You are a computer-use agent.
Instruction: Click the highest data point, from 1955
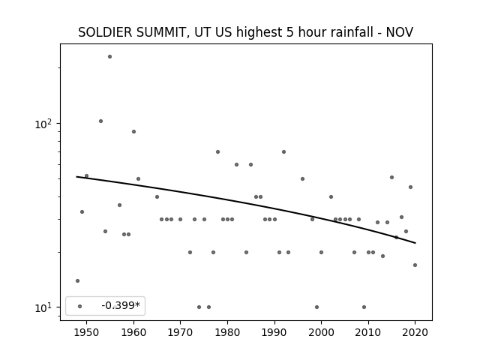(x=110, y=57)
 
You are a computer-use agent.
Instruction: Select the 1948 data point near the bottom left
(x=77, y=280)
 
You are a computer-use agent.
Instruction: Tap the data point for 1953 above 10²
(x=100, y=121)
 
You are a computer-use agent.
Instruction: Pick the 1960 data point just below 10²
(x=133, y=132)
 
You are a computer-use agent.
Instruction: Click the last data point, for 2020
(x=415, y=265)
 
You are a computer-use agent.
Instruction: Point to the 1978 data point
(x=218, y=151)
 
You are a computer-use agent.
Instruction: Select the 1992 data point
(x=283, y=151)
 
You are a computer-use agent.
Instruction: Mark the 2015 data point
(x=391, y=177)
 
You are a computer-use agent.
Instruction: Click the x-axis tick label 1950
(x=87, y=332)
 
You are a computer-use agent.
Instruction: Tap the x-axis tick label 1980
(x=227, y=332)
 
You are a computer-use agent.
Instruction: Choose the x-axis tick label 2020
(x=415, y=332)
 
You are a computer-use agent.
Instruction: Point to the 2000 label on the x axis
(x=321, y=332)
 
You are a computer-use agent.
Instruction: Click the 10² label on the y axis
(x=43, y=124)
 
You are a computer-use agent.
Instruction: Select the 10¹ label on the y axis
(x=43, y=307)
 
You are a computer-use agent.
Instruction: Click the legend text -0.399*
(x=121, y=305)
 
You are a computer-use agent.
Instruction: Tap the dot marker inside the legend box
(x=80, y=306)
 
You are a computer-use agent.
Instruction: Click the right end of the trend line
(x=415, y=243)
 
